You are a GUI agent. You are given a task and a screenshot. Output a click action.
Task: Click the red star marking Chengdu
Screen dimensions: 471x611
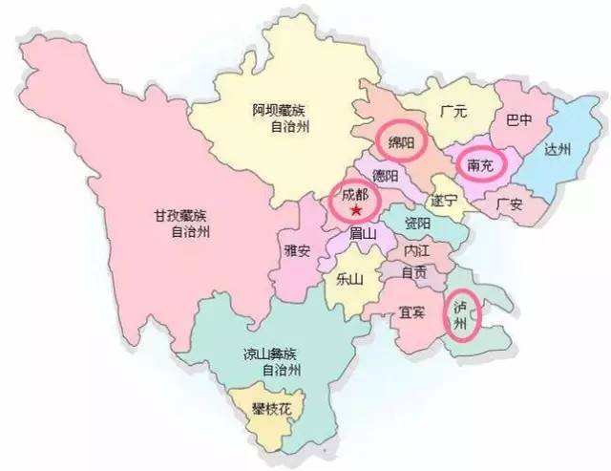pyautogui.click(x=356, y=210)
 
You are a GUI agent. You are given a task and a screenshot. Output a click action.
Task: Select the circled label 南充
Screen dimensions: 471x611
pyautogui.click(x=480, y=164)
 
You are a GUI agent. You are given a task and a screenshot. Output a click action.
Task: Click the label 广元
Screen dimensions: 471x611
pyautogui.click(x=453, y=112)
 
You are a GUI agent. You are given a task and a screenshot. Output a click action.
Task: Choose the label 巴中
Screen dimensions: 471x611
pyautogui.click(x=519, y=122)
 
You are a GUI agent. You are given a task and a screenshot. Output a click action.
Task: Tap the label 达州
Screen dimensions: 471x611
pyautogui.click(x=556, y=150)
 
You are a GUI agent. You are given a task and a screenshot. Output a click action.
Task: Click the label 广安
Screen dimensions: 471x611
pyautogui.click(x=511, y=203)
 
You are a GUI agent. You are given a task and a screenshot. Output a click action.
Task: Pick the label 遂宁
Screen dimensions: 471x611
pyautogui.click(x=445, y=201)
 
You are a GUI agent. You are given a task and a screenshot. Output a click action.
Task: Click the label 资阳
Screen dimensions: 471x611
pyautogui.click(x=417, y=224)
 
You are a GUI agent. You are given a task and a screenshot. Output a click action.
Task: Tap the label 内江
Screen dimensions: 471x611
pyautogui.click(x=417, y=250)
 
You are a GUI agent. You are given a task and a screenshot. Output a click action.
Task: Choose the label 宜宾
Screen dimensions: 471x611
pyautogui.click(x=412, y=312)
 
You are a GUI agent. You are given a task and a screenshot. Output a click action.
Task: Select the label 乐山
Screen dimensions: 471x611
pyautogui.click(x=350, y=280)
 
